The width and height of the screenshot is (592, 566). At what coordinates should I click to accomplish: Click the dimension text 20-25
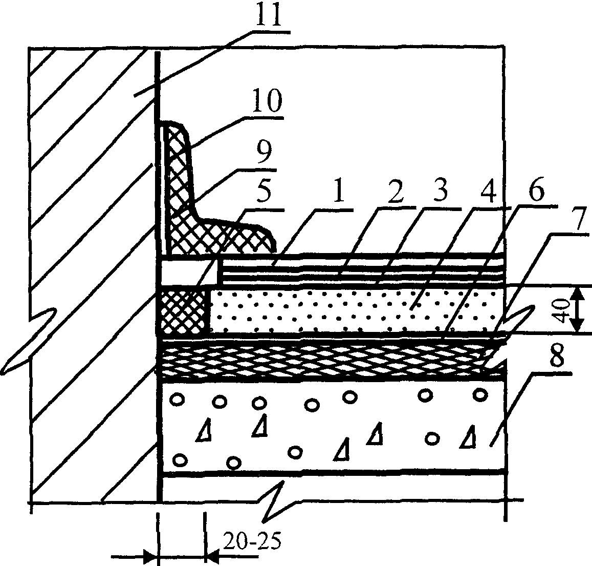click(x=252, y=542)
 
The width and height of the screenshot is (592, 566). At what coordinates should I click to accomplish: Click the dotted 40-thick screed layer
click(x=358, y=310)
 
